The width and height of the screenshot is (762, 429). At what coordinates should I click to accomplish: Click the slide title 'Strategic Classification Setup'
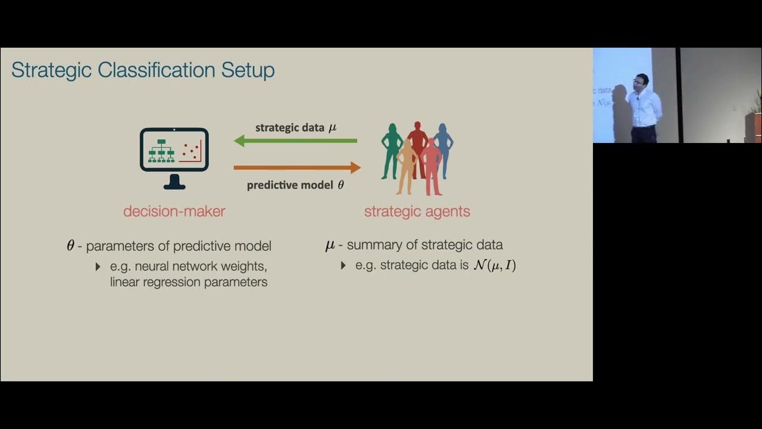pyautogui.click(x=143, y=70)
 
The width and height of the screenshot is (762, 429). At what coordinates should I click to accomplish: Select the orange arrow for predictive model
pyautogui.click(x=297, y=167)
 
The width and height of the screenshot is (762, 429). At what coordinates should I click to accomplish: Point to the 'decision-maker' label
pyautogui.click(x=174, y=211)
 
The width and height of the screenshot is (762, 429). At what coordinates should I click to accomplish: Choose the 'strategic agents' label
pyautogui.click(x=417, y=211)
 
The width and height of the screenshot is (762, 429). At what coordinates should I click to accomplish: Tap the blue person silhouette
pyautogui.click(x=444, y=149)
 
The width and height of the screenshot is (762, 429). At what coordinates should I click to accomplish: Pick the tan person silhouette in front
pyautogui.click(x=407, y=167)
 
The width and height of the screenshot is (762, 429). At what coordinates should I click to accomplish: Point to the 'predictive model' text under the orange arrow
pyautogui.click(x=290, y=185)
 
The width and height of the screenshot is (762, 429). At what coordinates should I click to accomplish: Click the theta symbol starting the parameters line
pyautogui.click(x=70, y=245)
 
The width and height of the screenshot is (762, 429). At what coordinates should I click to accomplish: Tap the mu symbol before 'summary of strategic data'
pyautogui.click(x=330, y=245)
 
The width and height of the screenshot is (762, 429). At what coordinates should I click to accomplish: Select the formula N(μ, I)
pyautogui.click(x=494, y=265)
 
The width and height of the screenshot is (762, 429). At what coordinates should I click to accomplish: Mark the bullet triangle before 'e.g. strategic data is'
pyautogui.click(x=343, y=265)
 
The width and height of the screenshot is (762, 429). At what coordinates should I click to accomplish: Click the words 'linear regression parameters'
pyautogui.click(x=188, y=282)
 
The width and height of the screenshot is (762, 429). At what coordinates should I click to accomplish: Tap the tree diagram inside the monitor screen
pyautogui.click(x=161, y=151)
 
